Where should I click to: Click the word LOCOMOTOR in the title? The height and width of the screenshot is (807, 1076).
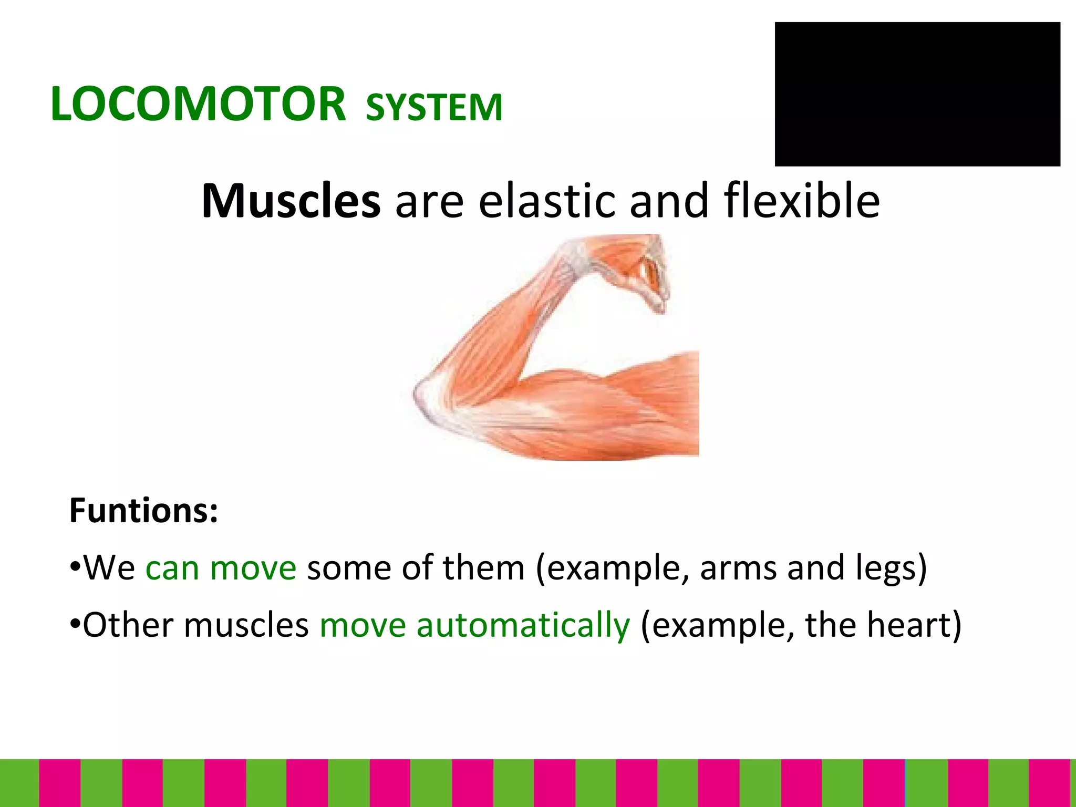198,104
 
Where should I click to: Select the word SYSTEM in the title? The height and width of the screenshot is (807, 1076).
434,108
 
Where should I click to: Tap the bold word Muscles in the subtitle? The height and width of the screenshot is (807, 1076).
291,201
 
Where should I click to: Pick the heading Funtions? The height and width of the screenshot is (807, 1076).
143,510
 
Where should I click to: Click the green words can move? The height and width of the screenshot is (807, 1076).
221,568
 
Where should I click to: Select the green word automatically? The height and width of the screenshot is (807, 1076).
523,625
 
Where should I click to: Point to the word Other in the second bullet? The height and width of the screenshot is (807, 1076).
128,625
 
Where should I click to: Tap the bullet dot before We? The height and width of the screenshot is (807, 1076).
75,568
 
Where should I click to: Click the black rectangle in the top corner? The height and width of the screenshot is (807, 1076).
917,95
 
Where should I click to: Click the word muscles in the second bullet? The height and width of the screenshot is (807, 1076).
246,625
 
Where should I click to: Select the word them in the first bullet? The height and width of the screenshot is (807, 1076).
483,568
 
